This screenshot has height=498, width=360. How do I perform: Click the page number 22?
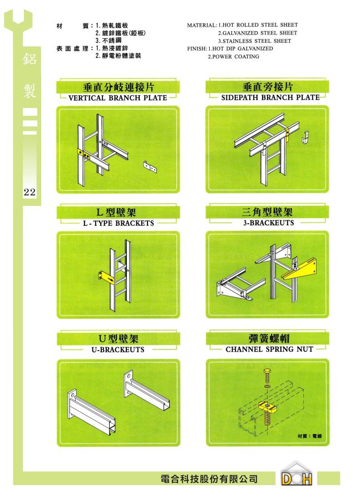(29, 192)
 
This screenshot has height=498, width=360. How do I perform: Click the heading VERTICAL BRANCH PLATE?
(118, 98)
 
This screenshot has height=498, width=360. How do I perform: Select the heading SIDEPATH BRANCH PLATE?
(270, 97)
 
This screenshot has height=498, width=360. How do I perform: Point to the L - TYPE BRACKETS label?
(119, 223)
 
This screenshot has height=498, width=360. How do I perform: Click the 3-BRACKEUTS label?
(269, 223)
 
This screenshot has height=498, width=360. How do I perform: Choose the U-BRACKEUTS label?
(118, 349)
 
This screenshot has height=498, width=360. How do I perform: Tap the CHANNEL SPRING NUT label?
(269, 349)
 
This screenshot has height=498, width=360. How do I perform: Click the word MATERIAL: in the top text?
(202, 25)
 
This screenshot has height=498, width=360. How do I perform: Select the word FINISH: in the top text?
(197, 49)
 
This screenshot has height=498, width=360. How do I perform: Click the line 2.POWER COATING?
(234, 57)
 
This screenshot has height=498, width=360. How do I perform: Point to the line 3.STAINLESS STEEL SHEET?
(255, 41)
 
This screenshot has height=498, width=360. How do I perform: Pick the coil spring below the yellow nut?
(267, 417)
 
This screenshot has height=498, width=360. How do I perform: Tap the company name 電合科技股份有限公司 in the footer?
(209, 479)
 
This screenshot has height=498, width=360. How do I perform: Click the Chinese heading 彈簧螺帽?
(269, 338)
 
